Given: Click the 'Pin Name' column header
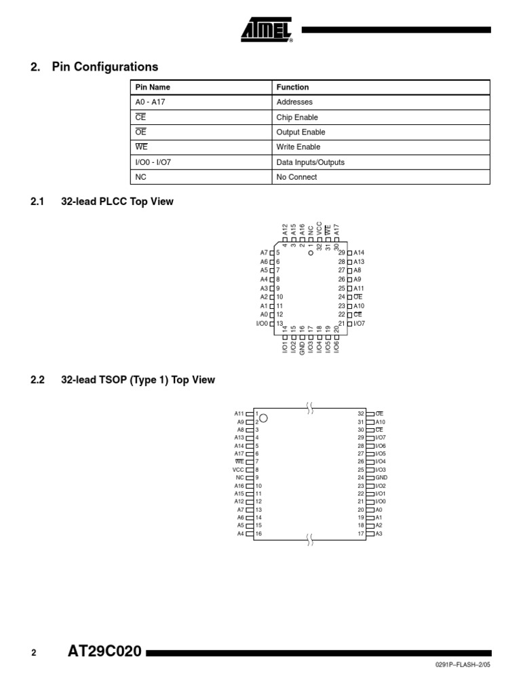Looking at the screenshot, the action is tap(153, 88).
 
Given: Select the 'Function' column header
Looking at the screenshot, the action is tap(292, 88).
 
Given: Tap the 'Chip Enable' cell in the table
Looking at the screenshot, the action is tap(297, 117).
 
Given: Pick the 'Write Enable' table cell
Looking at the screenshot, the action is tap(298, 147).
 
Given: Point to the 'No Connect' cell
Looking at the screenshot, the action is tap(296, 177).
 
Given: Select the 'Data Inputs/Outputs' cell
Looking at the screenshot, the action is tap(310, 162).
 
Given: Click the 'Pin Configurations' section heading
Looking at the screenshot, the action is tap(104, 67).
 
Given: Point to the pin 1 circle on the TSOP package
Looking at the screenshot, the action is tap(264, 418).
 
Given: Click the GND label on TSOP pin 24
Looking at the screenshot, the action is tap(381, 478).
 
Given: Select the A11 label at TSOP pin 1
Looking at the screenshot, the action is tap(239, 413).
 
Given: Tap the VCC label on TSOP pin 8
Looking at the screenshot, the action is tap(238, 470).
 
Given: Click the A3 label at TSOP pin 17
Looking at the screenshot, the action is tap(379, 533).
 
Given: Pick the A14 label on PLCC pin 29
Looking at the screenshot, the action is tap(360, 252).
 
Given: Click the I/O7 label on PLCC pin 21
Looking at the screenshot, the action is tap(360, 323).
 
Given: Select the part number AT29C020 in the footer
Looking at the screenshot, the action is tap(105, 652).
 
